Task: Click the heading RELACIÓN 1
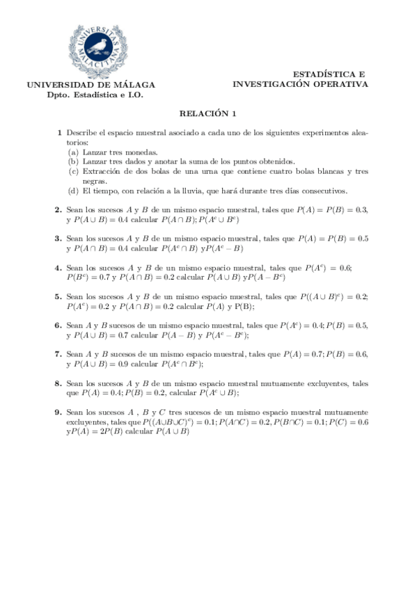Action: click(208, 113)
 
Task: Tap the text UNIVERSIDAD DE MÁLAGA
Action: click(91, 86)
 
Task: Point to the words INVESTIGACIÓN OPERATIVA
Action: click(300, 84)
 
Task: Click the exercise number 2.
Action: click(58, 209)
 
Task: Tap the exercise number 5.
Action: click(58, 296)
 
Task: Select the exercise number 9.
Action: click(58, 412)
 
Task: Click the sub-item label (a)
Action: click(73, 152)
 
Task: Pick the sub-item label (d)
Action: click(73, 191)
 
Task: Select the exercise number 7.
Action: click(58, 354)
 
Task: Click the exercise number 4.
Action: click(58, 267)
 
